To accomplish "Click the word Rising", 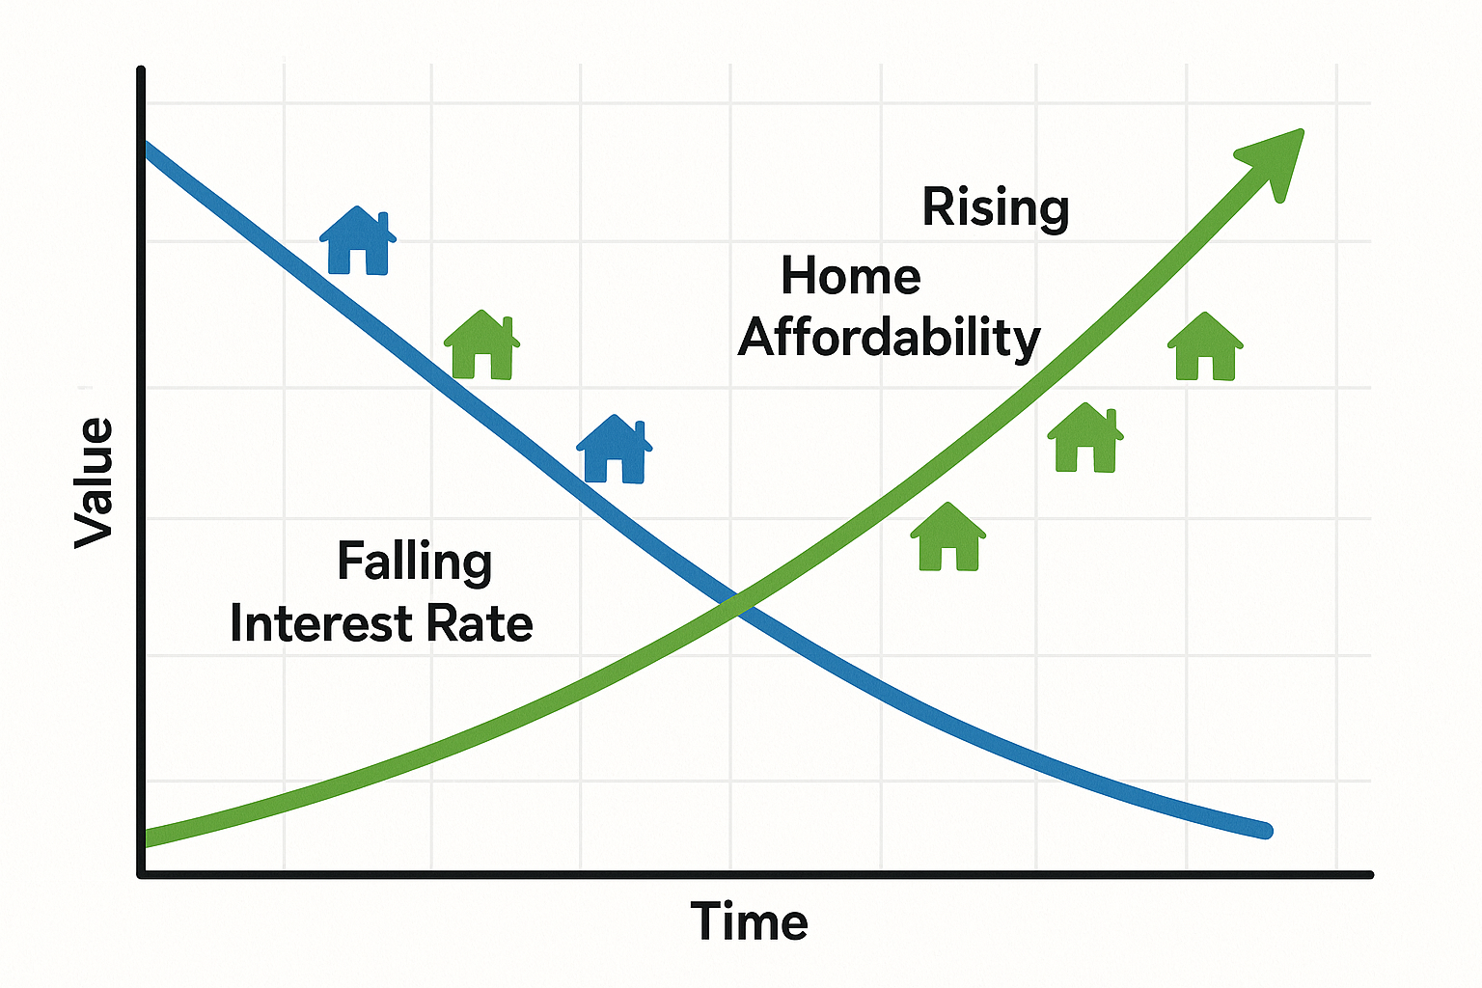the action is tap(996, 208).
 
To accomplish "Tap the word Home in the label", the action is tap(851, 276).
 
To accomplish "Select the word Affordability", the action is tap(890, 339).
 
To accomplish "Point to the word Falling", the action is tap(415, 563).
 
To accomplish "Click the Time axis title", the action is tap(749, 921).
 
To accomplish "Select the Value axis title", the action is tap(94, 483).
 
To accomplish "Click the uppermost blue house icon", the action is tap(358, 240).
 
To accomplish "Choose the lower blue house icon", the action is tap(615, 449).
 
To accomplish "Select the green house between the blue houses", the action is tap(481, 344).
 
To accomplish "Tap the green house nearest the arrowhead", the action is tap(1205, 346).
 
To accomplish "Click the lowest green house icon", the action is tap(948, 536).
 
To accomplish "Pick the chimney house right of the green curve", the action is tap(1085, 438).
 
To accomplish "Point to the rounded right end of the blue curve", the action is tap(1266, 831).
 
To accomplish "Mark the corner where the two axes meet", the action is tap(141, 874).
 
